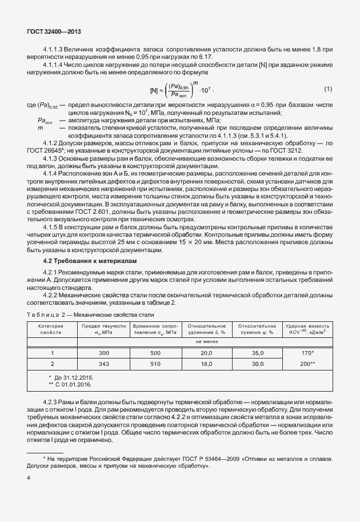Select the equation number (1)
[328, 89]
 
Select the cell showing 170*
[307, 353]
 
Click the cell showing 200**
[307, 363]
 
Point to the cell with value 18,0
[206, 363]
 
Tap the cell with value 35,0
[258, 353]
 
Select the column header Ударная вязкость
[307, 329]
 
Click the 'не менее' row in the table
[206, 342]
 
